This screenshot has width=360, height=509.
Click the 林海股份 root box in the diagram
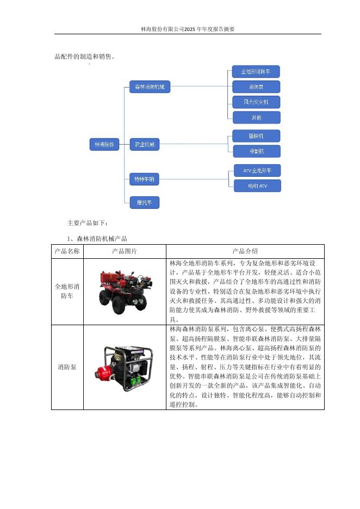coord(104,145)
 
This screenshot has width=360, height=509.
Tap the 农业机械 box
coord(144,145)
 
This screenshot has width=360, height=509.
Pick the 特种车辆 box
coord(144,178)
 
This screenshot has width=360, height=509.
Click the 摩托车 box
coord(144,203)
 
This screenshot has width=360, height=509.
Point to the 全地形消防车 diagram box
coord(256,71)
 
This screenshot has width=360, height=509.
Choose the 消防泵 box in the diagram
coord(256,86)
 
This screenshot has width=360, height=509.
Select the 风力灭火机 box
coord(256,102)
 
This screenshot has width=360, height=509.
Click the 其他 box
coord(256,117)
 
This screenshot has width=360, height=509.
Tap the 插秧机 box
coord(256,135)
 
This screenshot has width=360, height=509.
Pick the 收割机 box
coord(256,151)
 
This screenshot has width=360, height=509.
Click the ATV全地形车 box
coord(258,171)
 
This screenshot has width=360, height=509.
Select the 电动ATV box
coord(258,186)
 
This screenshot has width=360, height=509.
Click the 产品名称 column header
coord(67,251)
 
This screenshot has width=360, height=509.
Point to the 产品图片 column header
coord(125,251)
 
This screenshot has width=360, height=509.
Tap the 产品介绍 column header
coord(245,251)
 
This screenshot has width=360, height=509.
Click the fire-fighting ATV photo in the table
coord(124,291)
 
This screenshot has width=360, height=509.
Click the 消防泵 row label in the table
coord(67,367)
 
